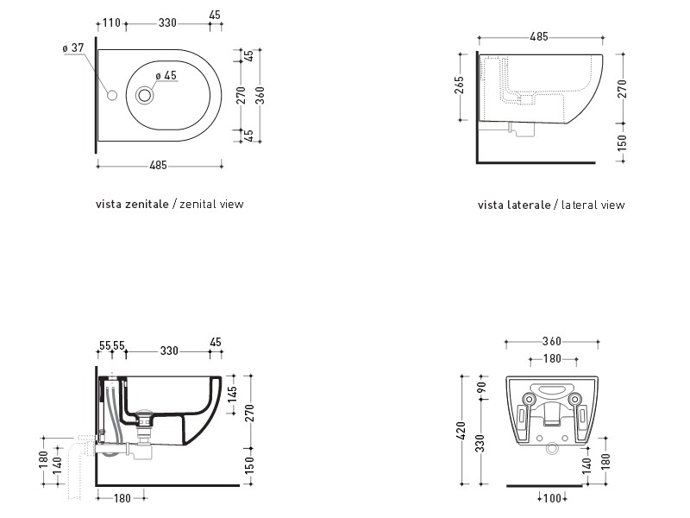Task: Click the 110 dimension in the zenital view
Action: point(111,23)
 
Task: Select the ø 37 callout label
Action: point(73,47)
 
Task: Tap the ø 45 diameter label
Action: point(166,75)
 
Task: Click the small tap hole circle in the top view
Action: point(112,95)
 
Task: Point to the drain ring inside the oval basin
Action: point(144,95)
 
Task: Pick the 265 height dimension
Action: point(459,85)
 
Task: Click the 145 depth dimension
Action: point(232,394)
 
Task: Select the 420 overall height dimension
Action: point(461,431)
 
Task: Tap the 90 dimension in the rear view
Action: point(481,388)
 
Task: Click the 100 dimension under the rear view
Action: point(552,498)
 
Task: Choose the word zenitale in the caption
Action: point(147,204)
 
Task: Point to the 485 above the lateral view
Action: point(539,36)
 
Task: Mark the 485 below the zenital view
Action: point(159,165)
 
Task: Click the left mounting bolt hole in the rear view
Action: point(529,399)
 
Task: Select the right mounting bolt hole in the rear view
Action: point(574,399)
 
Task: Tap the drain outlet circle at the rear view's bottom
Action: point(552,449)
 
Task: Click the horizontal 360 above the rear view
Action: point(552,341)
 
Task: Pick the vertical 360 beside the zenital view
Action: point(260,95)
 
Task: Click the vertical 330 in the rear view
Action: point(480,443)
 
